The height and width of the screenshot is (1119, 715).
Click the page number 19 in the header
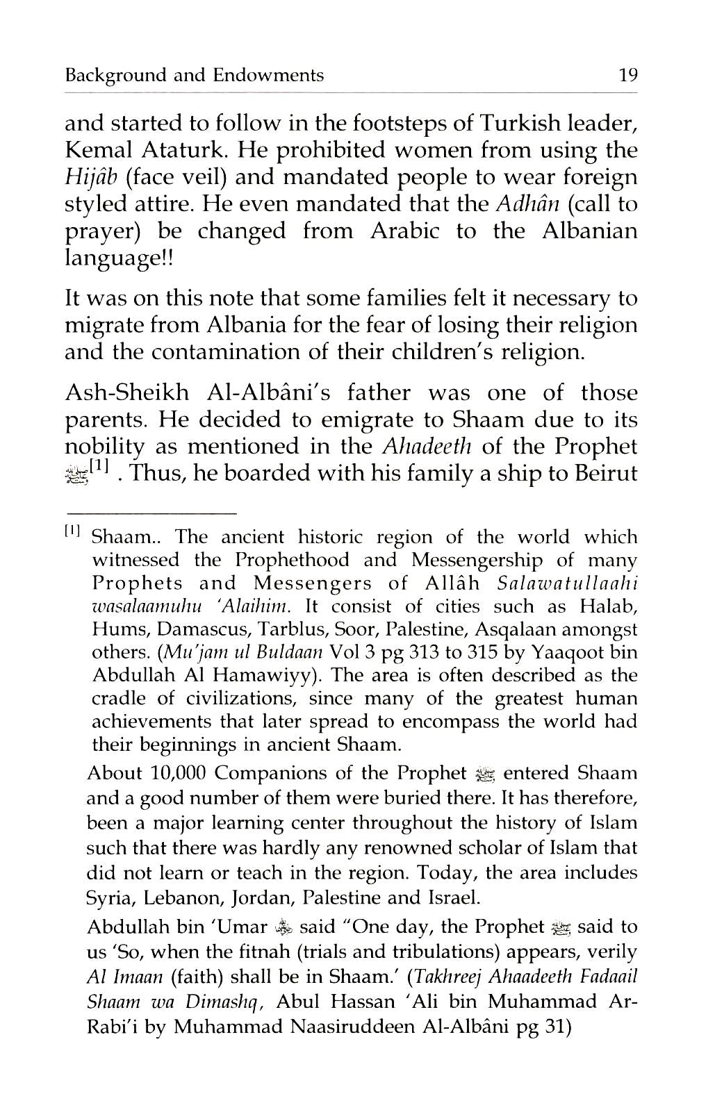click(627, 75)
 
